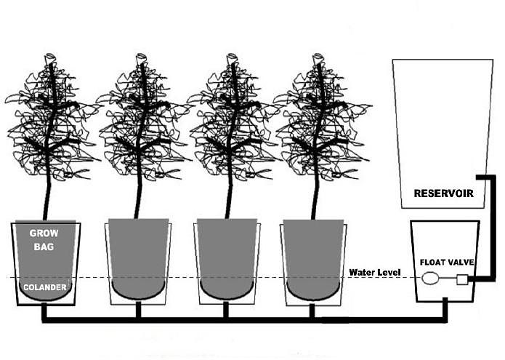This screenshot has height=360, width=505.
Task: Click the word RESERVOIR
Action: coord(443,193)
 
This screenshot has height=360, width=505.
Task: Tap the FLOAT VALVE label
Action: coord(447,263)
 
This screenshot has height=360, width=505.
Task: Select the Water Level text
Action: coord(375,272)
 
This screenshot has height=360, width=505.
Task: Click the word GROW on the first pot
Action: coord(44,233)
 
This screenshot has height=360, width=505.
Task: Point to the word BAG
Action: coord(44,247)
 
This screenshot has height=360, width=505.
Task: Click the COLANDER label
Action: coord(45,287)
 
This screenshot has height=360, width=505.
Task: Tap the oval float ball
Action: coord(429,278)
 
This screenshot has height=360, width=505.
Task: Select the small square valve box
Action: coord(462,279)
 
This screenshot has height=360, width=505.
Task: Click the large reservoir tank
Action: coord(443,133)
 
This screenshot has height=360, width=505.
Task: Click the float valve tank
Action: coord(445,261)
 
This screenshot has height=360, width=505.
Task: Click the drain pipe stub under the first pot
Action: coord(44,311)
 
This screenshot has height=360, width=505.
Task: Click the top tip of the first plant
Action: coord(49,55)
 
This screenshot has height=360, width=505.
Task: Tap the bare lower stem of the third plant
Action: coord(230,200)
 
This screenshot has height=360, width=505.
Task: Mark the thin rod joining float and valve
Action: coord(448,278)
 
